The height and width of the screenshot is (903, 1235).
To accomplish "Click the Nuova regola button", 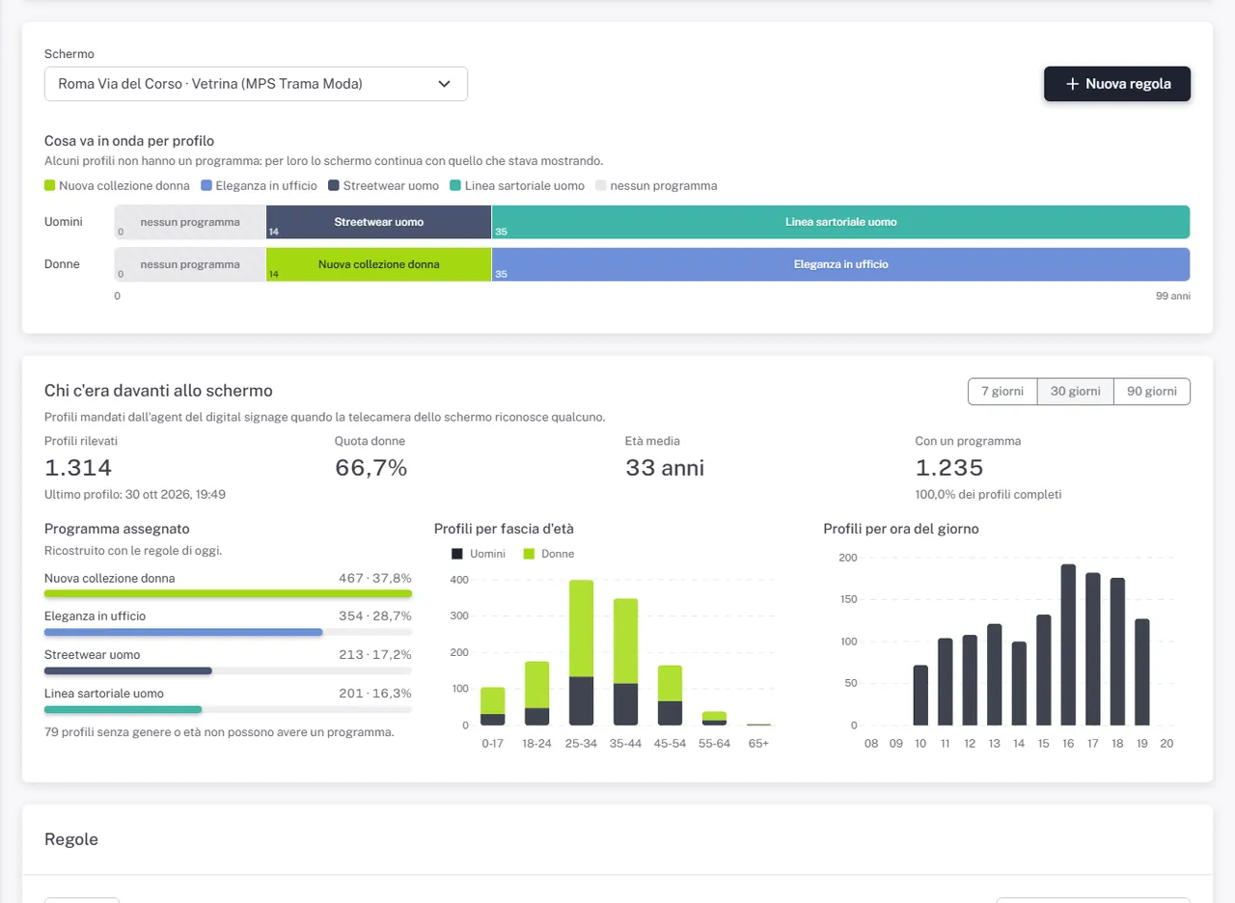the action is (1117, 84).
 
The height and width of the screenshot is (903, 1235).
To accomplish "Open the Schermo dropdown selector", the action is (256, 84).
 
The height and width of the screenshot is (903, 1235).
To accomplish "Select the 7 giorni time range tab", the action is (1002, 392).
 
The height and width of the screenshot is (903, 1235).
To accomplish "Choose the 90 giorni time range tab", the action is (1152, 392).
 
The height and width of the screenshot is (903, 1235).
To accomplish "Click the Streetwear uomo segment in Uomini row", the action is (379, 222).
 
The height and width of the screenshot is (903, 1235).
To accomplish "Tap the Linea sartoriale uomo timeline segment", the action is (840, 222).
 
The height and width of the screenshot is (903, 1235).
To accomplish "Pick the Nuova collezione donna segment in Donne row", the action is (379, 264).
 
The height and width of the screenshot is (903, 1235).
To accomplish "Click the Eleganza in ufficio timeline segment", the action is (840, 264).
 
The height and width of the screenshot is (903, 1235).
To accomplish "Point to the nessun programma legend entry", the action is (656, 186).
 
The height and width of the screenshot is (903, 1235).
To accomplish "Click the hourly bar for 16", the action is (1068, 644).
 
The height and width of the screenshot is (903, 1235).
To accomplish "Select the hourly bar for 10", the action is (920, 696).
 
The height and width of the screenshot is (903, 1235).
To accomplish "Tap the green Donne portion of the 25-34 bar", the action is (581, 628).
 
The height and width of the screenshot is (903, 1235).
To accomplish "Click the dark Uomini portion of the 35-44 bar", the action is (625, 704).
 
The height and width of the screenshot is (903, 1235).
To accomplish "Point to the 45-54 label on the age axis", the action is (670, 744).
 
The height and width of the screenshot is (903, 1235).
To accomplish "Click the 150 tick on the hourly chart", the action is (848, 599).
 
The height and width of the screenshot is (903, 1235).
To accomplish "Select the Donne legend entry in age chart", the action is (549, 554).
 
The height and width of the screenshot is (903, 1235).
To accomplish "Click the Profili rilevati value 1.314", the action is (78, 468).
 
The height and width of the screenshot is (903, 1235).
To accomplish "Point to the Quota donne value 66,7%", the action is (371, 468).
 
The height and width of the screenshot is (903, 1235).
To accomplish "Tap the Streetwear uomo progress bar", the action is (128, 670).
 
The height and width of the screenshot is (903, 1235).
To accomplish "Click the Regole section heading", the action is (71, 839).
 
